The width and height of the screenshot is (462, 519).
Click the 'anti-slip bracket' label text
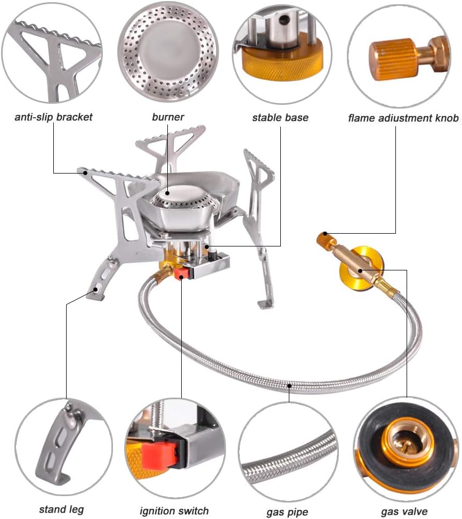click(53, 117)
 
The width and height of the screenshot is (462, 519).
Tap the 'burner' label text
click(168, 117)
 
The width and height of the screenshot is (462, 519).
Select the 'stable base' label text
click(280, 117)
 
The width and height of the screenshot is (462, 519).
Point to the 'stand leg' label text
click(61, 509)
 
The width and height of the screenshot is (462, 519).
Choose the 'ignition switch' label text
click(174, 510)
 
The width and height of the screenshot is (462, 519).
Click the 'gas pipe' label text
click(287, 512)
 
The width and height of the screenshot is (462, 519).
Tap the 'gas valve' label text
click(404, 512)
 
